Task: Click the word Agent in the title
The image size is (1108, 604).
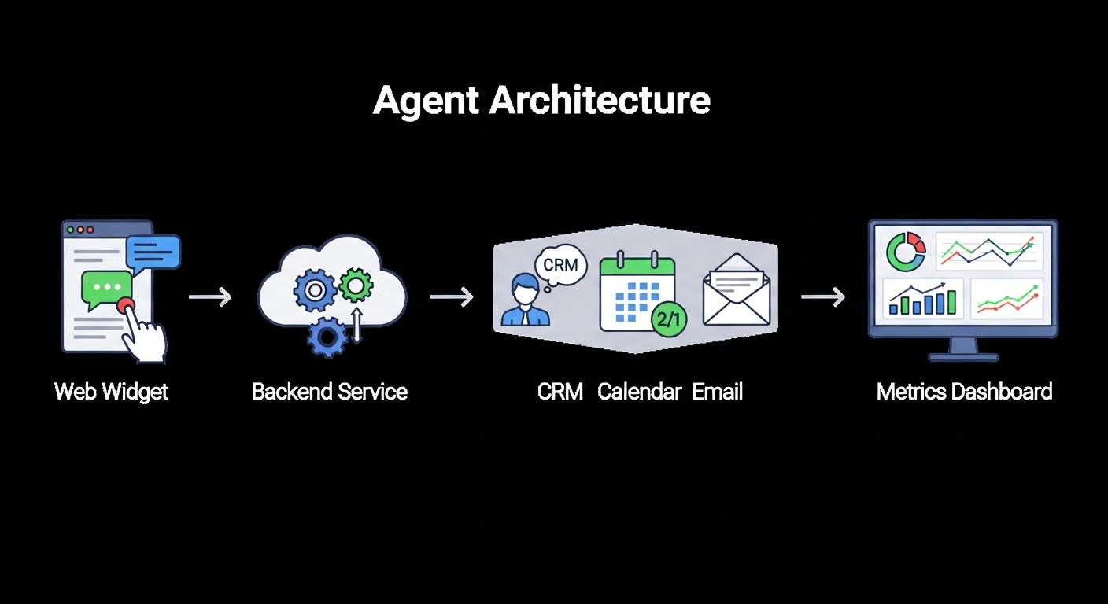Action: click(426, 101)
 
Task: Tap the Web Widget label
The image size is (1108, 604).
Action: click(111, 392)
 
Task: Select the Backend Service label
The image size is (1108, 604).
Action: click(330, 392)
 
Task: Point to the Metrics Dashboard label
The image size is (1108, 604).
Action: click(964, 392)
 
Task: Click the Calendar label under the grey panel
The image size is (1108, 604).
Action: click(639, 392)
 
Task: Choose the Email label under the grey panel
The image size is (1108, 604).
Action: click(717, 392)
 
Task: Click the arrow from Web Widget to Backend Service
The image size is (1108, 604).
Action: click(210, 296)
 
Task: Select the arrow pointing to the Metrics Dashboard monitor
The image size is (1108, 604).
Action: click(823, 296)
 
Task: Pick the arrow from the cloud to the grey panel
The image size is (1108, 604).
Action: click(452, 296)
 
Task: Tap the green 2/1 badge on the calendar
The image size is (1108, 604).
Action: click(669, 319)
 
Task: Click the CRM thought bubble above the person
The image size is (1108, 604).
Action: click(561, 265)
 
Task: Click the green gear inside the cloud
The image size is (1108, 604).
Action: click(356, 285)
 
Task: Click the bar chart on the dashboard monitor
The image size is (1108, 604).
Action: click(923, 299)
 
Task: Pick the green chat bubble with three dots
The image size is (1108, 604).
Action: click(106, 289)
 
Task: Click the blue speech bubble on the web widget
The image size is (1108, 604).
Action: click(153, 254)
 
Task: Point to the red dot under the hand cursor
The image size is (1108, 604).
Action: click(125, 305)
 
